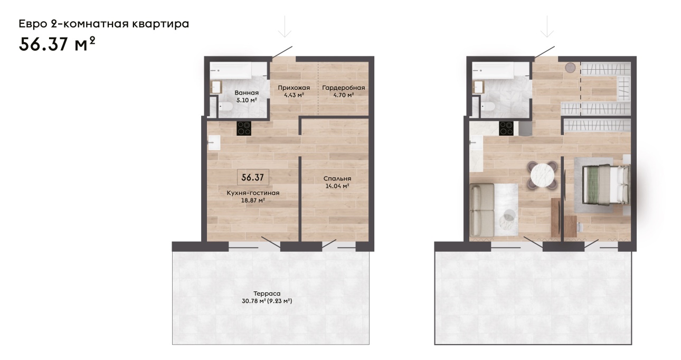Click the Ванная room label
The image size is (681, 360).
(x=247, y=93)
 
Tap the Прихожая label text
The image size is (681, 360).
(x=294, y=88)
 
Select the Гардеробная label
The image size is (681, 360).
(x=344, y=88)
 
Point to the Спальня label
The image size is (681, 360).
(x=337, y=178)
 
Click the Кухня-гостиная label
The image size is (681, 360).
(x=253, y=193)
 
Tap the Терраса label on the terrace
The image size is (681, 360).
(x=267, y=293)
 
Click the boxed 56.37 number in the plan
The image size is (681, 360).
(x=253, y=177)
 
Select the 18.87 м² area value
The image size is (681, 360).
(x=253, y=201)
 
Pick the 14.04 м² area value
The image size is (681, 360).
(x=337, y=186)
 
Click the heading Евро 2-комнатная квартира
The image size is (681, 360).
(x=103, y=24)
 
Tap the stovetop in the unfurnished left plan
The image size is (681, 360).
(x=244, y=128)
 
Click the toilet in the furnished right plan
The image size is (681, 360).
(x=488, y=107)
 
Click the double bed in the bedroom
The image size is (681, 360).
(x=606, y=184)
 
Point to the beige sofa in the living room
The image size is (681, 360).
(x=481, y=210)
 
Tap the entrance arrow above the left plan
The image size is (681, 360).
(x=285, y=27)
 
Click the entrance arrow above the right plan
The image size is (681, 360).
(x=547, y=27)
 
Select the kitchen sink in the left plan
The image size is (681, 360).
(x=214, y=143)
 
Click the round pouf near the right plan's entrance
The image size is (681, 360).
(x=570, y=68)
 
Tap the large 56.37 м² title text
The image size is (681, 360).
(x=57, y=44)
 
